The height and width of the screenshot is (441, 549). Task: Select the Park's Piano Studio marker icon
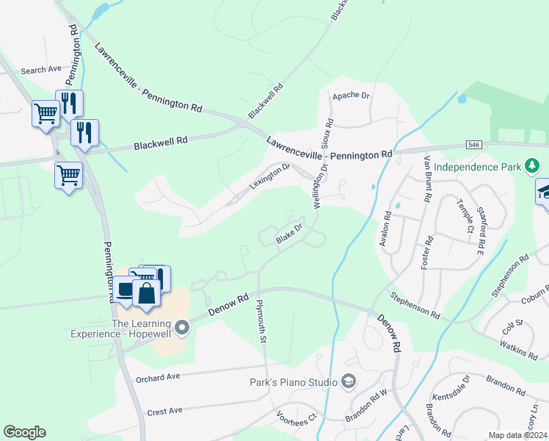[349, 381]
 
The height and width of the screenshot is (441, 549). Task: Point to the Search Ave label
[41, 71]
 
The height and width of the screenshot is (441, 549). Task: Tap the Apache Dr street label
[352, 96]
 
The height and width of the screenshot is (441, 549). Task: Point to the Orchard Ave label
[158, 378]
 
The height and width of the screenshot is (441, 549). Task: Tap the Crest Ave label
[164, 411]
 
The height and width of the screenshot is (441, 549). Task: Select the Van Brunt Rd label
[426, 179]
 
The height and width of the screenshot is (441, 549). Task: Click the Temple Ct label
[465, 216]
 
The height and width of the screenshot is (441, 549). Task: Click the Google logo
[24, 432]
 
